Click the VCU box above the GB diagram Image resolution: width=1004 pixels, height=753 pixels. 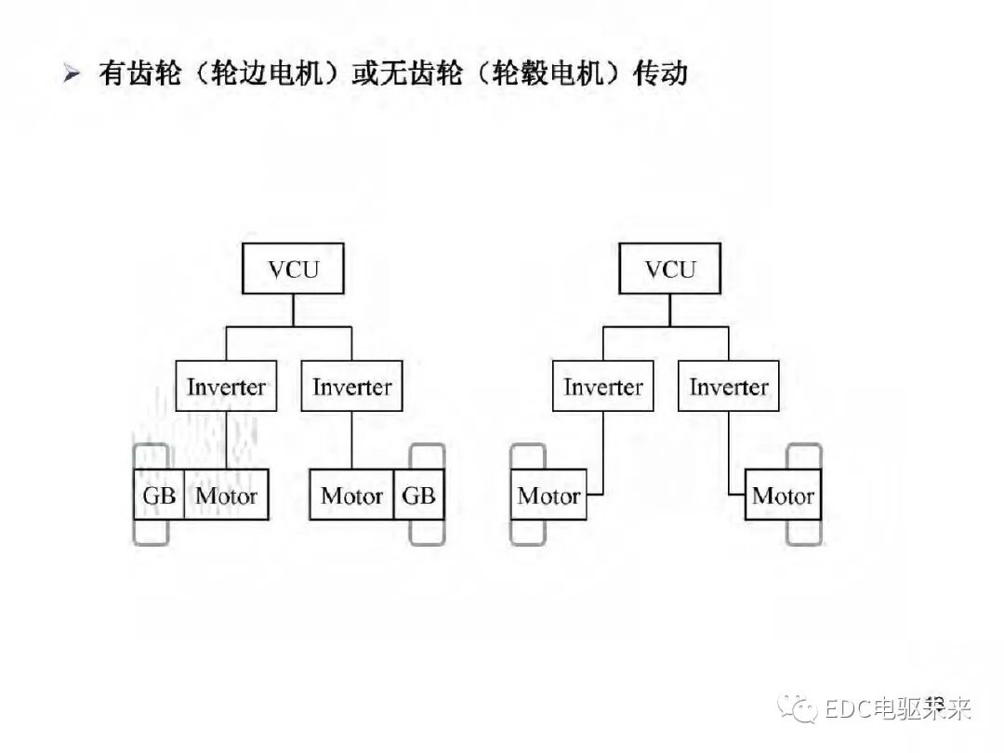point(293,270)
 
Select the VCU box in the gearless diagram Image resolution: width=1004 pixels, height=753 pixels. point(669,270)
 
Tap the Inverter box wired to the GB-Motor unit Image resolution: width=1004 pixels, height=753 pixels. point(226,387)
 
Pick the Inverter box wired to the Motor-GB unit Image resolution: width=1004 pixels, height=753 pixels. point(351,387)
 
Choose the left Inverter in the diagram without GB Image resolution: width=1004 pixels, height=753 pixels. point(602,387)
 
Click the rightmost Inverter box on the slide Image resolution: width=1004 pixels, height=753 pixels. point(729,387)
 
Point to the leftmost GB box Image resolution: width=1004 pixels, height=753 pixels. point(158,495)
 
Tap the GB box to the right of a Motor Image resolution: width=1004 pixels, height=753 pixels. point(418,495)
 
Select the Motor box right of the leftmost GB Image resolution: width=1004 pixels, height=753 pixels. point(227,495)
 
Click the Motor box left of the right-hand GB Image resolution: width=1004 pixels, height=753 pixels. point(351,495)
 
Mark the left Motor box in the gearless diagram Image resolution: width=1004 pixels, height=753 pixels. point(548,495)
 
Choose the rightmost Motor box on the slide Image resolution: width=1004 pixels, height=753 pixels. point(783,495)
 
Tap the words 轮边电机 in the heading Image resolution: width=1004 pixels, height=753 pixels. point(274,73)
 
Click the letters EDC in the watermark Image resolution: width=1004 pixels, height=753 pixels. point(847,709)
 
